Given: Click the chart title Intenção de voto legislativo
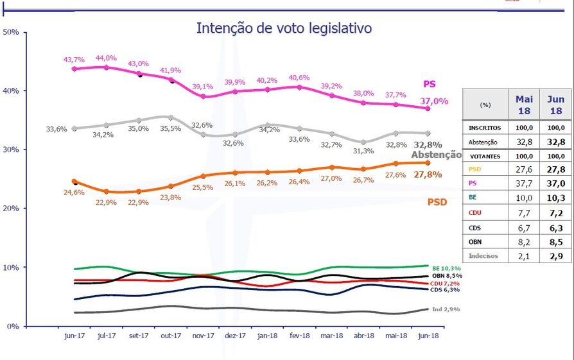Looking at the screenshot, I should pos(284,28).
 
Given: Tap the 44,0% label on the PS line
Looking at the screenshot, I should pos(107,58).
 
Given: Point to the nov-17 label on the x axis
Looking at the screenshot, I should pos(204,336).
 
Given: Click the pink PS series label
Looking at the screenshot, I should pos(430,83).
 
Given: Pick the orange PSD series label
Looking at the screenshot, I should pos(437,201).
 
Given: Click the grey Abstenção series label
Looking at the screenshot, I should pos(436,155).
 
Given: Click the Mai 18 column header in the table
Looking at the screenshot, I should pos(523,104).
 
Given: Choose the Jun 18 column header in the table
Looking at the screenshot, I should pos(555,104).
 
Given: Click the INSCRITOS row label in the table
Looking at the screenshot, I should pos(485,128).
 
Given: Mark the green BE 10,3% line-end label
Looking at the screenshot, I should pos(447,268).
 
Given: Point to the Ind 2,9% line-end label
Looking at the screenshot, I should pos(446,309).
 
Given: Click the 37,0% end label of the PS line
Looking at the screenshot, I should pos(434,101).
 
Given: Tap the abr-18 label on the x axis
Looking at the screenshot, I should pos(363,336).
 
